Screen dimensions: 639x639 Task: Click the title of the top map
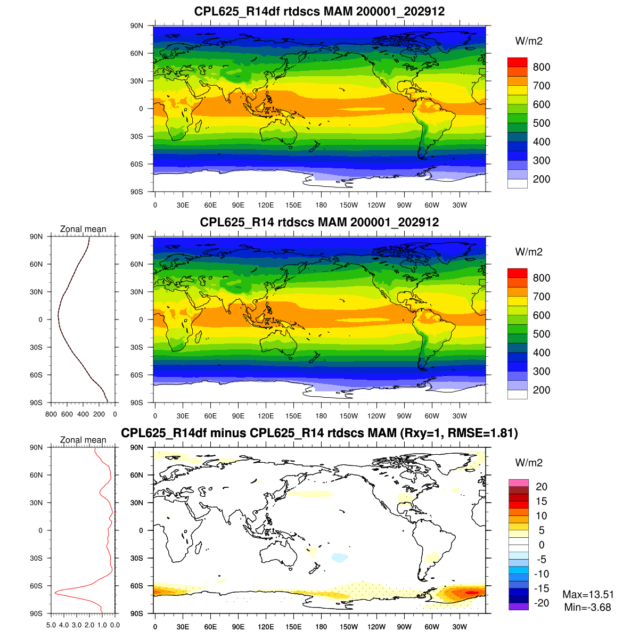tap(319, 11)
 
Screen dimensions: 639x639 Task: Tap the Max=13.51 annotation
tap(588, 594)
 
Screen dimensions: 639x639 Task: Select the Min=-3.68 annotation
tap(587, 607)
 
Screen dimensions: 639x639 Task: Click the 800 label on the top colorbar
tap(541, 67)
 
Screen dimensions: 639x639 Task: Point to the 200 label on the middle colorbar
tap(541, 390)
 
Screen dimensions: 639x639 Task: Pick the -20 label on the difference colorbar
tap(541, 603)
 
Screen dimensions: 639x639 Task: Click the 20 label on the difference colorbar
tap(541, 487)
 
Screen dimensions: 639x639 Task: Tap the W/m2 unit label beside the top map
tap(529, 41)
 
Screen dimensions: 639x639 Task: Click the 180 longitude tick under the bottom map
tap(321, 627)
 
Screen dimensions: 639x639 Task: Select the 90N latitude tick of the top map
tap(137, 26)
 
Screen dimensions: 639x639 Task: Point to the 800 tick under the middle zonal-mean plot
tap(51, 414)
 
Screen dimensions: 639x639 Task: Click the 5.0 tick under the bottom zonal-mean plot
tap(51, 625)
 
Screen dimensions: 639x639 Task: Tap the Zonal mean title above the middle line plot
tap(83, 229)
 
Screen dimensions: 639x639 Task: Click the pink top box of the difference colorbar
tap(518, 483)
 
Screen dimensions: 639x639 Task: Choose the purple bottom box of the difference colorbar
tap(518, 606)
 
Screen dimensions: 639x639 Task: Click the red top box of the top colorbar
tap(517, 62)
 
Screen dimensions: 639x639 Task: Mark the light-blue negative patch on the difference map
tap(339, 558)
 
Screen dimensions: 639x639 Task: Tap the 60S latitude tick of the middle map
tap(137, 375)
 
